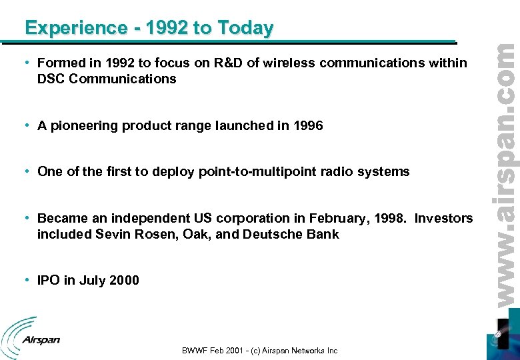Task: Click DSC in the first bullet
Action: [x=51, y=79]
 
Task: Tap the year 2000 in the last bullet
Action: [x=124, y=280]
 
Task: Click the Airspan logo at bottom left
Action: [x=31, y=337]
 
